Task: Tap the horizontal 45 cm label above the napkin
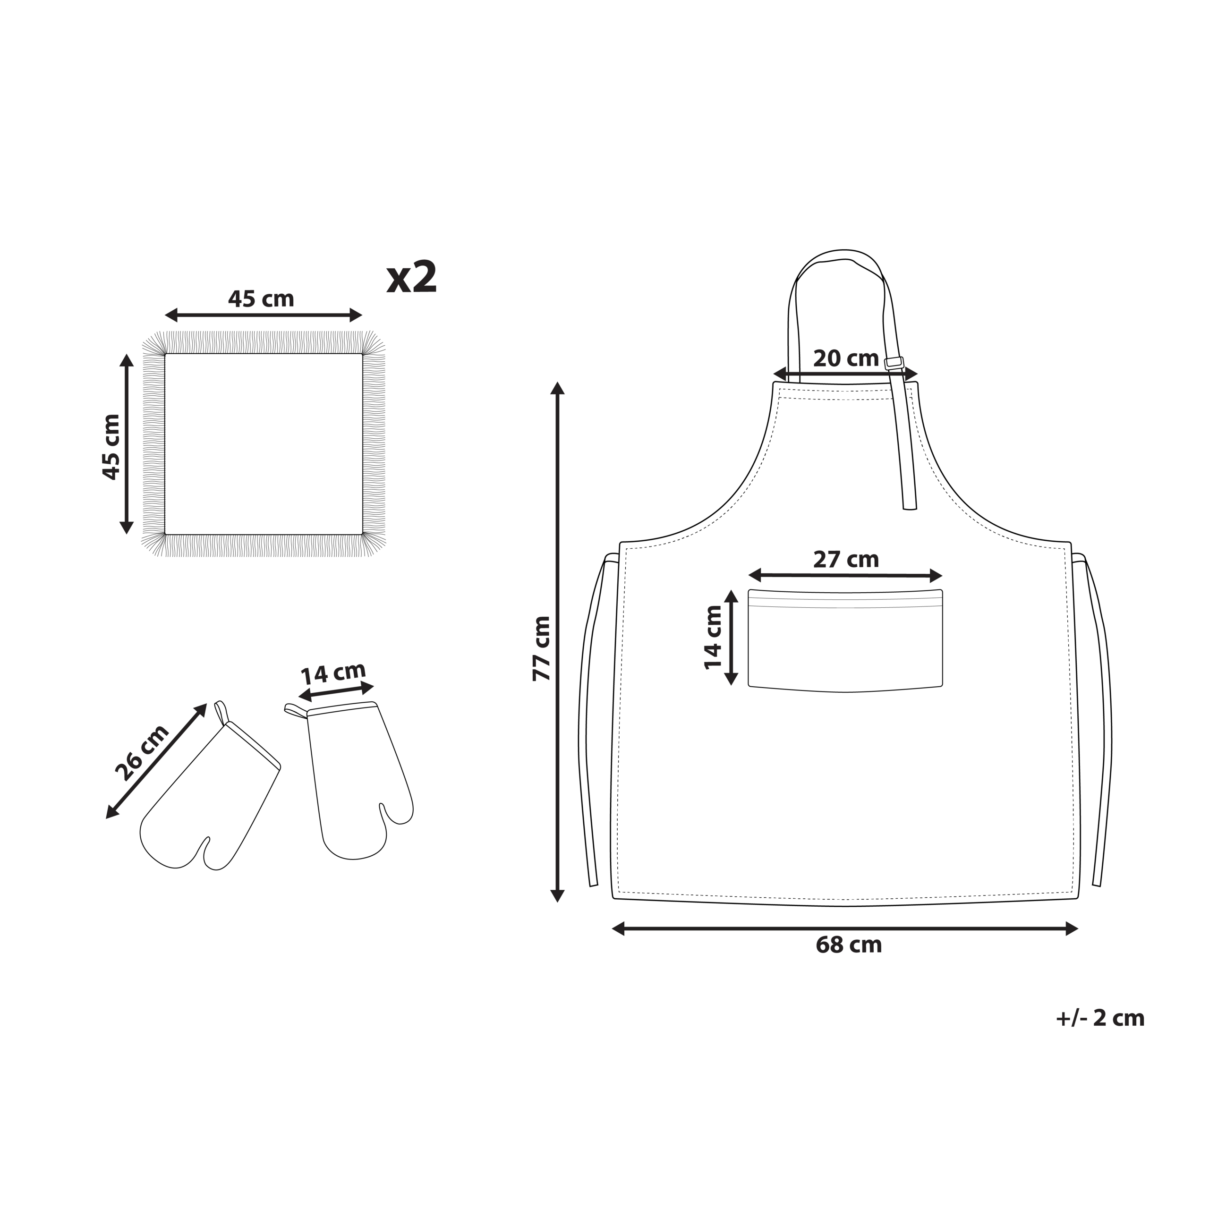coord(261,298)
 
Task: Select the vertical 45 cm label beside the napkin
coord(111,447)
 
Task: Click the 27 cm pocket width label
coord(846,560)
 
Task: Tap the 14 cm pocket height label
coord(714,638)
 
